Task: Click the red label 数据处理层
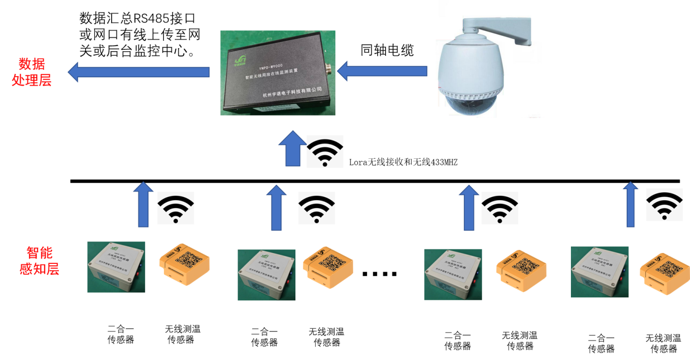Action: pos(32,72)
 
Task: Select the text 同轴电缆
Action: pos(387,50)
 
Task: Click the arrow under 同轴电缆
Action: pos(382,71)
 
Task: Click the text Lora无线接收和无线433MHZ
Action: pos(404,162)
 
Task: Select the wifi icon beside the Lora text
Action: pos(325,152)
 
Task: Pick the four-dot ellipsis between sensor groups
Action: pos(380,273)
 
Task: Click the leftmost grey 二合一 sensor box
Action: pos(116,266)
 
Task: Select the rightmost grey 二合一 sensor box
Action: pos(599,271)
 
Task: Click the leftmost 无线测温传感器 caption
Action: pos(182,334)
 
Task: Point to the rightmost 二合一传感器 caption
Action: pos(601,343)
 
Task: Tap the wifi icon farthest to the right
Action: pos(664,205)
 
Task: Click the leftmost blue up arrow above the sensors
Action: pos(143,204)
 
